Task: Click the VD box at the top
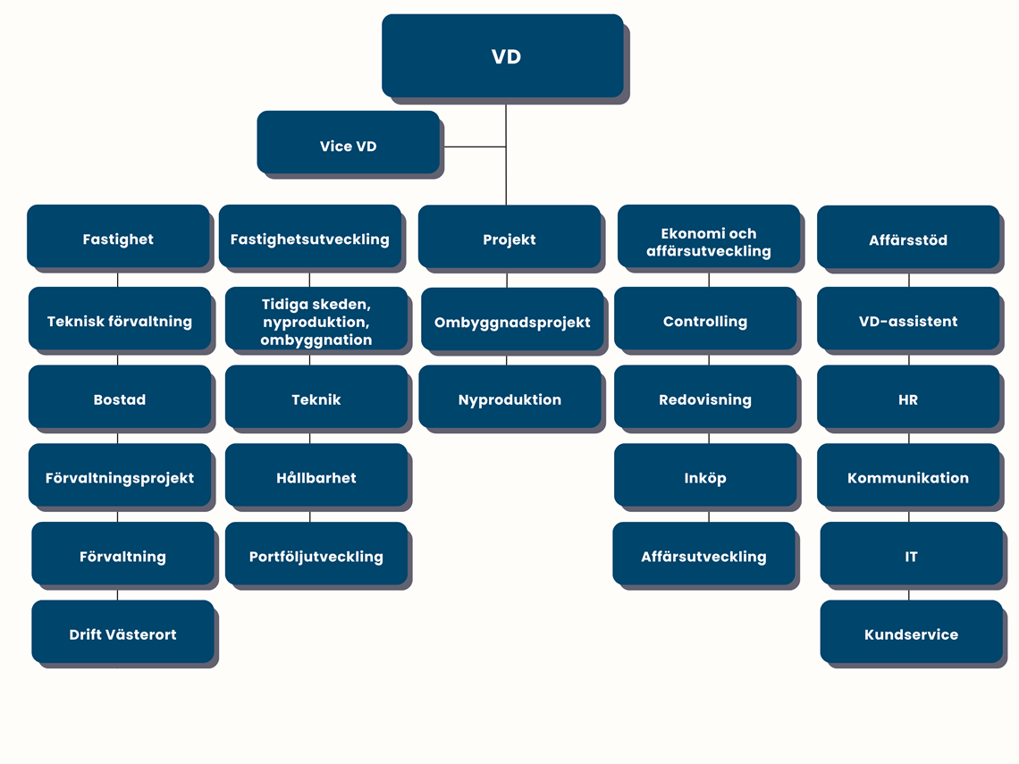(x=502, y=55)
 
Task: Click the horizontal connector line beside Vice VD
(x=473, y=147)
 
